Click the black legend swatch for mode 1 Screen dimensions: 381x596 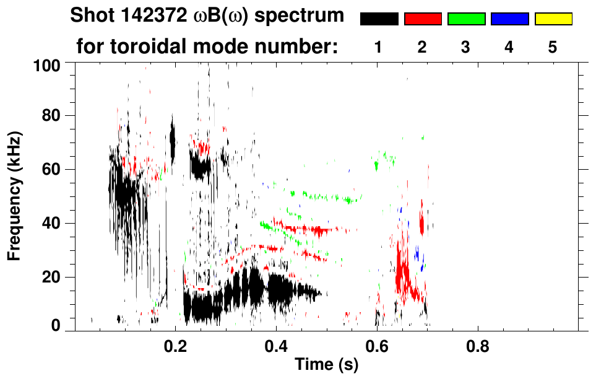(x=379, y=19)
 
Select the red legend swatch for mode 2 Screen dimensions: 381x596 (x=423, y=19)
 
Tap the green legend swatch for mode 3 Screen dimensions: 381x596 (x=466, y=19)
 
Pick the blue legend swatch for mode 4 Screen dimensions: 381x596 (x=509, y=19)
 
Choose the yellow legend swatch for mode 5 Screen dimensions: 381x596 (x=553, y=19)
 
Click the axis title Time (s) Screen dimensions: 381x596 (x=326, y=366)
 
